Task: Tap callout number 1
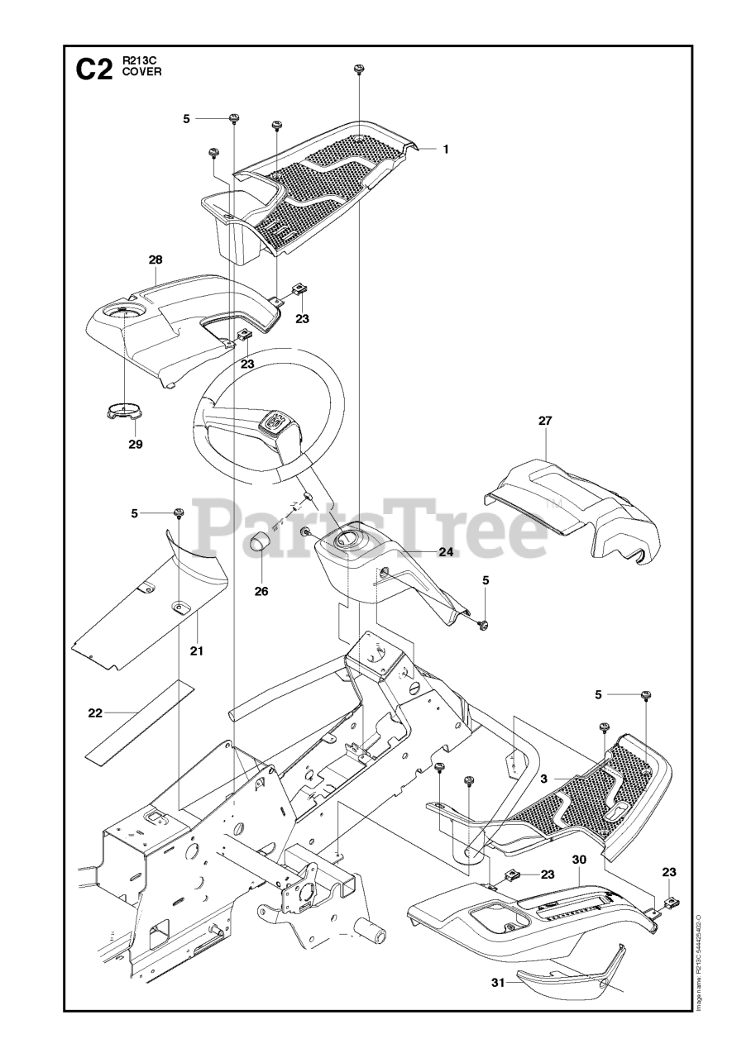click(445, 150)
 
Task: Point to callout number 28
click(156, 260)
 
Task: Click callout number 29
click(135, 444)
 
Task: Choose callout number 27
click(545, 421)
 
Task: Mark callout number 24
click(446, 552)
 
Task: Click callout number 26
click(261, 591)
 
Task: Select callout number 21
click(196, 651)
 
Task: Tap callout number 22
click(96, 712)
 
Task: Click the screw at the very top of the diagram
click(360, 69)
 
